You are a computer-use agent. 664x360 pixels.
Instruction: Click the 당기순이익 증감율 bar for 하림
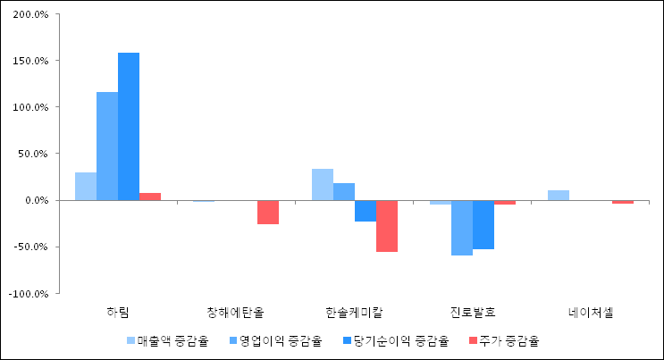129,126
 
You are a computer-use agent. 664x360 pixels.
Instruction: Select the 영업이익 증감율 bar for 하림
107,146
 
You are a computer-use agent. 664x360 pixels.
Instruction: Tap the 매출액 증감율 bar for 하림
86,186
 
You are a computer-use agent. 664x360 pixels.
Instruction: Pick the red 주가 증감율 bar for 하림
150,197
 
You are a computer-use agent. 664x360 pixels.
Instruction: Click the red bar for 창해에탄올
268,212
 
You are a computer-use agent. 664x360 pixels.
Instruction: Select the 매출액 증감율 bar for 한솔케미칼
323,184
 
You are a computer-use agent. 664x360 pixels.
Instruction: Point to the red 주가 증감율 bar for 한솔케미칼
387,226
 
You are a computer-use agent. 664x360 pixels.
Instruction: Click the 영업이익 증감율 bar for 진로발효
462,228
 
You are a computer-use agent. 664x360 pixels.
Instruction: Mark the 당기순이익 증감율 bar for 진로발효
483,224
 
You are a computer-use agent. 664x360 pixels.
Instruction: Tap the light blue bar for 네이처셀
559,195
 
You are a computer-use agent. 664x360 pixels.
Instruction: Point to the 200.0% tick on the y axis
29,14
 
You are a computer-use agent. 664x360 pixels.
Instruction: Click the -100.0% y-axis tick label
28,293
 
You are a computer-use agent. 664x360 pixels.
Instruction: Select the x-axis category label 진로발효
473,313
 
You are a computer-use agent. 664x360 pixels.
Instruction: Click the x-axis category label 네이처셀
591,313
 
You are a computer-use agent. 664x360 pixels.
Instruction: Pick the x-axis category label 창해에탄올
236,313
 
